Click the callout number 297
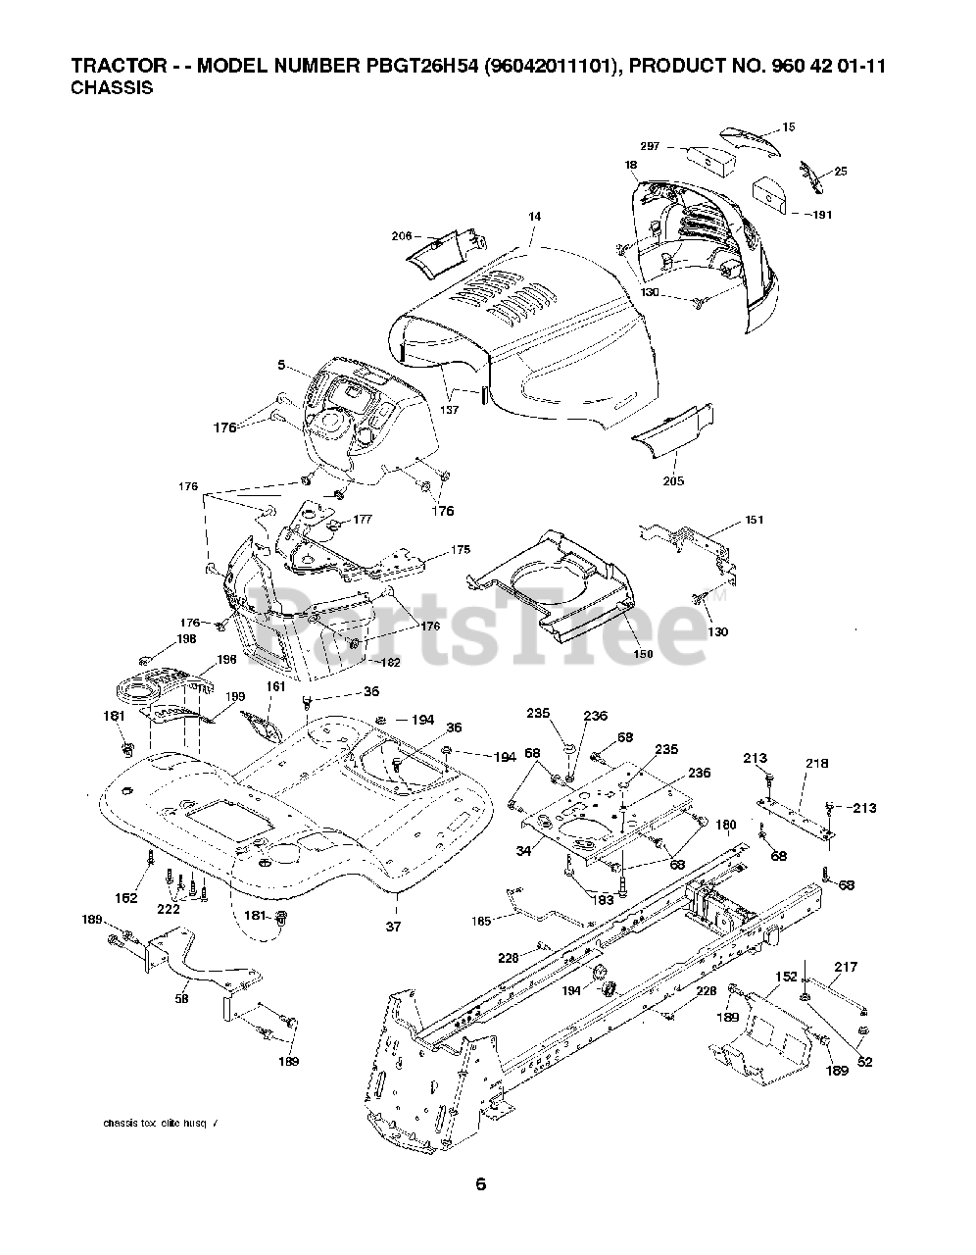650,146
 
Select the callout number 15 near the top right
789,126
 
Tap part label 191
821,215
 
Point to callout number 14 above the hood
534,216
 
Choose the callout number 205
673,480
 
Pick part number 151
754,520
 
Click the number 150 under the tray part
643,654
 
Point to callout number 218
816,763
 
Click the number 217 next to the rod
845,967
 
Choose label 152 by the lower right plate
786,977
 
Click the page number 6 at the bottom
480,1183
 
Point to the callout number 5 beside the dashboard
281,366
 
